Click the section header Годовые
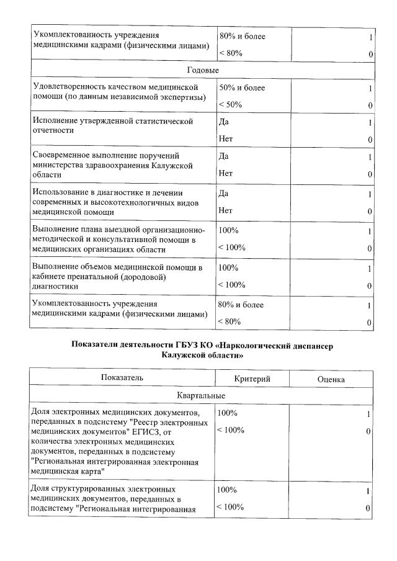pyautogui.click(x=202, y=71)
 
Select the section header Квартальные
pyautogui.click(x=202, y=395)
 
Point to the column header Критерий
pyautogui.click(x=252, y=379)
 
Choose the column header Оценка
pyautogui.click(x=331, y=379)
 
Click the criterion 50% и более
pyautogui.click(x=242, y=88)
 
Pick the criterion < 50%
pyautogui.click(x=230, y=105)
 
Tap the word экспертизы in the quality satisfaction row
pyautogui.click(x=192, y=98)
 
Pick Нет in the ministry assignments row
pyautogui.click(x=225, y=174)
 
